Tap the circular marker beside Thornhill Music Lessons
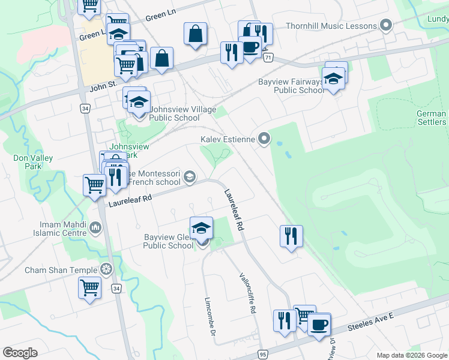point(386,26)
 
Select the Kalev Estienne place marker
point(264,139)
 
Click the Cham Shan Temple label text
point(61,270)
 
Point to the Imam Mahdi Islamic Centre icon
point(96,227)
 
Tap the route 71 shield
point(268,58)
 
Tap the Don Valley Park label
point(33,163)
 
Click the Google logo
point(20,352)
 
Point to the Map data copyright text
point(411,355)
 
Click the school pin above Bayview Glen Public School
point(201,227)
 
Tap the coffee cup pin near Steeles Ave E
point(319,325)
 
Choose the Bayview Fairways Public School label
point(291,86)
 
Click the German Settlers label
point(432,118)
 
